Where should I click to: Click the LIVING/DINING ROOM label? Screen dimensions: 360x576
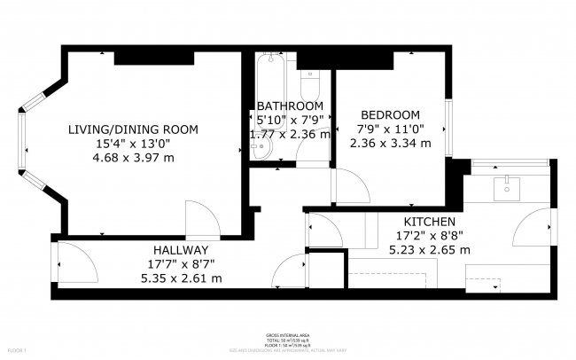click(x=133, y=129)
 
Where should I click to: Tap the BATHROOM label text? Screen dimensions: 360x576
click(x=290, y=106)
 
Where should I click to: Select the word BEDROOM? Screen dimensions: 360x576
click(x=390, y=115)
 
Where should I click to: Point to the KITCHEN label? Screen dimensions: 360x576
click(x=430, y=222)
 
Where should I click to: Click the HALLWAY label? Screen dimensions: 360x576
click(x=180, y=250)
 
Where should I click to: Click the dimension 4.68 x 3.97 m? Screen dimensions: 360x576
click(x=133, y=157)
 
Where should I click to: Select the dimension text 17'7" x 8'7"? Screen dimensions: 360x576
click(x=180, y=264)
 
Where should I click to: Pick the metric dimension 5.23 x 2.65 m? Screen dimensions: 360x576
click(x=430, y=250)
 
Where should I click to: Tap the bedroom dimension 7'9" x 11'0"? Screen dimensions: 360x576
click(x=390, y=129)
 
